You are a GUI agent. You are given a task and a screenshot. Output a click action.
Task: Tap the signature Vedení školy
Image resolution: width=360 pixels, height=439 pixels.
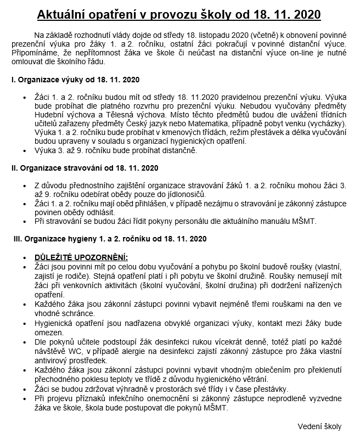(x=319, y=426)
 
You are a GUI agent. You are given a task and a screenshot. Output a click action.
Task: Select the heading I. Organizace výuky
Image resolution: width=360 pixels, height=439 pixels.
(x=75, y=80)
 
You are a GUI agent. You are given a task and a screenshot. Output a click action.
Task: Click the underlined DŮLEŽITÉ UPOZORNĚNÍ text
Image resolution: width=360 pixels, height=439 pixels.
(x=81, y=257)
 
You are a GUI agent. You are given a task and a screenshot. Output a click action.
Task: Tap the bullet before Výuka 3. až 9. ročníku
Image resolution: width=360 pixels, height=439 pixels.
(x=25, y=150)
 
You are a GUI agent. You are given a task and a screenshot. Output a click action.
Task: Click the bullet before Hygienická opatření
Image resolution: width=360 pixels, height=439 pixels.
(x=25, y=323)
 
